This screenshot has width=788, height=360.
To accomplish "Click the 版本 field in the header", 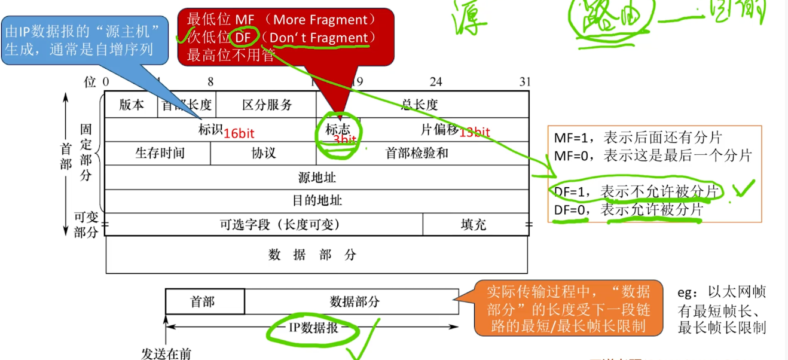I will pyautogui.click(x=132, y=105).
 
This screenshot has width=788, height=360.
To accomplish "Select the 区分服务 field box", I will pyautogui.click(x=267, y=105).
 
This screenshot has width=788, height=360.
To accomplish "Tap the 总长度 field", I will pyautogui.click(x=419, y=105).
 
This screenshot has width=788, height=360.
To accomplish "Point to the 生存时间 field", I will pyautogui.click(x=160, y=153).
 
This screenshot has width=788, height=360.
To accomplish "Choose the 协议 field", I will pyautogui.click(x=264, y=153).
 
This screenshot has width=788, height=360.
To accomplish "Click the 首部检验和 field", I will pyautogui.click(x=417, y=153).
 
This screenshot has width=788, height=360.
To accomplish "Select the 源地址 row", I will pyautogui.click(x=317, y=178).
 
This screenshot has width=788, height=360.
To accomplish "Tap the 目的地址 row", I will pyautogui.click(x=317, y=200).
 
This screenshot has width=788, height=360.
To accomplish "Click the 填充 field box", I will pyautogui.click(x=474, y=224).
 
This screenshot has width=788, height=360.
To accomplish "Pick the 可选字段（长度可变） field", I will pyautogui.click(x=280, y=224).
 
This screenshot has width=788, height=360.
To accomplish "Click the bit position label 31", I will pyautogui.click(x=525, y=82).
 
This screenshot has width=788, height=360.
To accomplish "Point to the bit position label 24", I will pyautogui.click(x=435, y=82).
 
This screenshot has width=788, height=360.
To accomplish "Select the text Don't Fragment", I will pyautogui.click(x=319, y=38).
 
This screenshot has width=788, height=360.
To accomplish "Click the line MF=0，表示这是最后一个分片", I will pyautogui.click(x=652, y=157).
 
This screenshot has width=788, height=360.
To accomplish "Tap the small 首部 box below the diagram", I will pyautogui.click(x=203, y=301).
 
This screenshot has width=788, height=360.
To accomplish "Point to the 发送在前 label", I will pyautogui.click(x=166, y=353).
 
